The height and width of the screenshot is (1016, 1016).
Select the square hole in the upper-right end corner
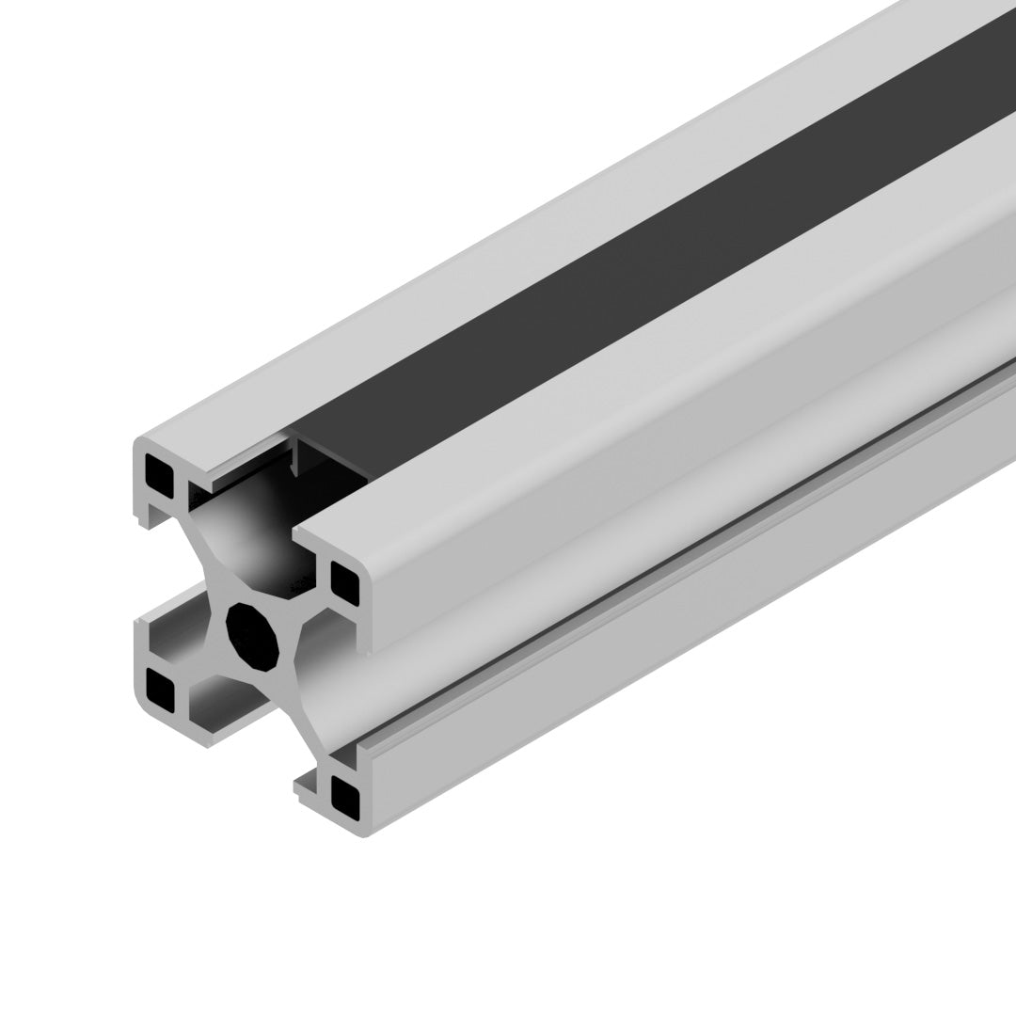(345, 582)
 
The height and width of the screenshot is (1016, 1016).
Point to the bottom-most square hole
(345, 797)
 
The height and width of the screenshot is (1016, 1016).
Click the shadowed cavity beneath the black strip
(254, 527)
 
